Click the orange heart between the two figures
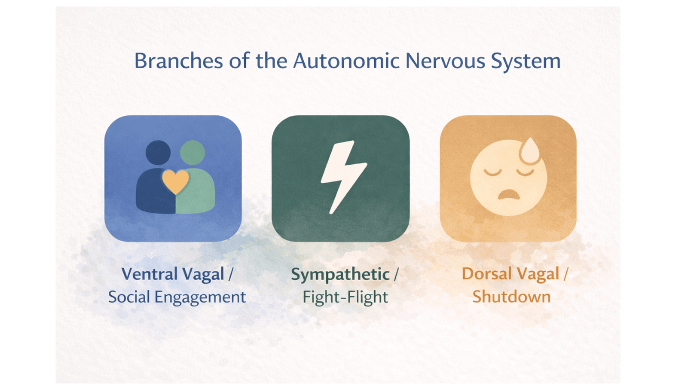[x=175, y=182]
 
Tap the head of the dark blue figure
[x=158, y=153]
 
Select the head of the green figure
[x=193, y=153]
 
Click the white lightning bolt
[x=340, y=177]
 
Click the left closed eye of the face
[x=492, y=172]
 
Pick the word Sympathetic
[x=340, y=275]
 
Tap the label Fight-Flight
[x=345, y=297]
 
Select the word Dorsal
[x=487, y=274]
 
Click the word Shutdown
[x=512, y=297]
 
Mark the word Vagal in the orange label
[x=537, y=274]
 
